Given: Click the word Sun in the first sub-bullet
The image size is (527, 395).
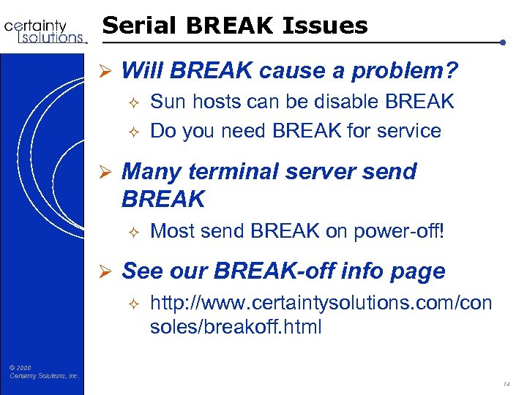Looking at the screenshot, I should pos(167,102).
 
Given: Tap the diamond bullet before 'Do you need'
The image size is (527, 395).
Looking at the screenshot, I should pos(132,132).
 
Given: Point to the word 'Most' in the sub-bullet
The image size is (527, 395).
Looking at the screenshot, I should pos(170,231).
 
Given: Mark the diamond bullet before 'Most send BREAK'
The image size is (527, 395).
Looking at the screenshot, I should pos(132,231).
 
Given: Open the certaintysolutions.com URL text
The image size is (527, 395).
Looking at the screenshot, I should pos(321,315).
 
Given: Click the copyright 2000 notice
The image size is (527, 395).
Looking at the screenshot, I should pos(45,372).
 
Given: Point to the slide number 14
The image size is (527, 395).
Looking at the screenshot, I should pos(506,383).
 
